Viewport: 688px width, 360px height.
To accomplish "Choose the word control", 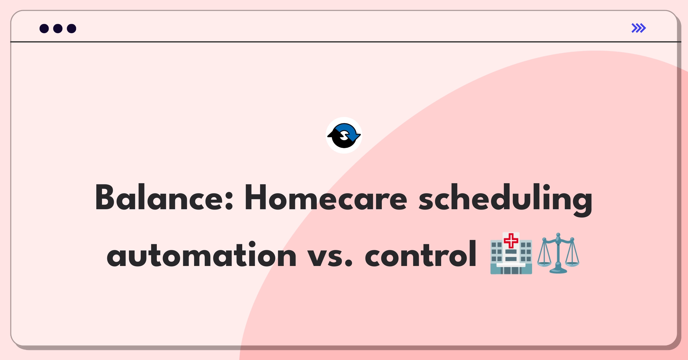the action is pyautogui.click(x=421, y=254).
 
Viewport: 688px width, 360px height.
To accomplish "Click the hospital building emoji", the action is pyautogui.click(x=511, y=253).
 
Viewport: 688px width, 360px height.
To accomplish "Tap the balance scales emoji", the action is pyautogui.click(x=558, y=253).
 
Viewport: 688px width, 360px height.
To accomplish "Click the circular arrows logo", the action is pyautogui.click(x=344, y=135).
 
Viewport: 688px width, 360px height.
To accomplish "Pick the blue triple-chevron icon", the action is pyautogui.click(x=639, y=28).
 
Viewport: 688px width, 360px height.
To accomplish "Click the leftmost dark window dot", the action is pyautogui.click(x=44, y=28).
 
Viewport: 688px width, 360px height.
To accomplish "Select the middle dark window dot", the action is pyautogui.click(x=58, y=28).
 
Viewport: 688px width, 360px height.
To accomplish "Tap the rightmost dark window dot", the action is pyautogui.click(x=72, y=28).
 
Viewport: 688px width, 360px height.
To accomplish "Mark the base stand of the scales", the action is pyautogui.click(x=558, y=271).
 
